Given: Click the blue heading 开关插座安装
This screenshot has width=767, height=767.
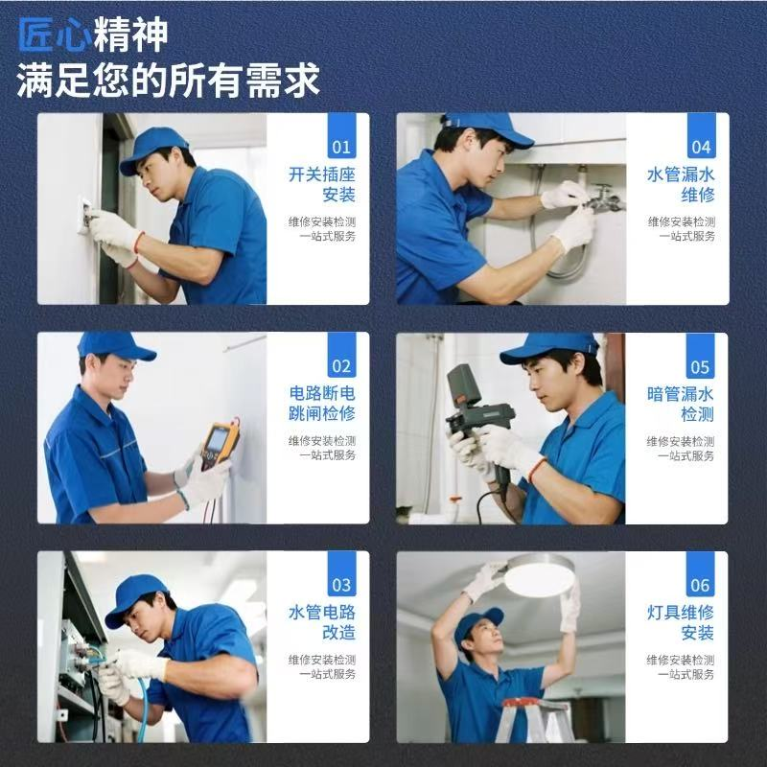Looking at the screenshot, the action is point(322,184).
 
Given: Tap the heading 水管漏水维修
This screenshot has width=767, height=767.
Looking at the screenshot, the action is point(681,184).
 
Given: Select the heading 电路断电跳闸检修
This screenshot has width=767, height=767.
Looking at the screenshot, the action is point(322,404).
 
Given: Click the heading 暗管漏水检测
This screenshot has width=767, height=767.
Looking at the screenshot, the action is point(681,405).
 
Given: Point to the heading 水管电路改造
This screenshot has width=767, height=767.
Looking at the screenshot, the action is point(322,622).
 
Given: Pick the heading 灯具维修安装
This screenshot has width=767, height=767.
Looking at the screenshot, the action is point(681,622).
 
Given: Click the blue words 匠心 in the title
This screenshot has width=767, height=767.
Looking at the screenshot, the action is point(55,35).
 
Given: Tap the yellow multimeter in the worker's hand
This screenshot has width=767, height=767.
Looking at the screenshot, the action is point(221,444).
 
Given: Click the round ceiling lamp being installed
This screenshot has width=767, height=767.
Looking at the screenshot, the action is point(539,575).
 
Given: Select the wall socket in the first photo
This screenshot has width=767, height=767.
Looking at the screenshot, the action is point(84,217).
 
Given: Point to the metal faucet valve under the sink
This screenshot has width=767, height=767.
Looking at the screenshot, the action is point(605,199).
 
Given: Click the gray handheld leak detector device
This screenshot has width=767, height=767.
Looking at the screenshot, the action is point(480,417).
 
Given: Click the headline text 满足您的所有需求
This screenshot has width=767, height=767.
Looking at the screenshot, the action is point(169,81).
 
